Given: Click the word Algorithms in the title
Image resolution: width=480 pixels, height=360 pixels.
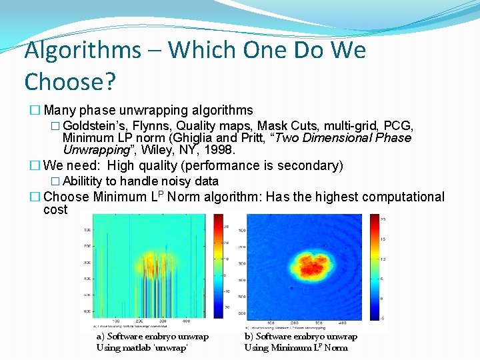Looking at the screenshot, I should point(83,51).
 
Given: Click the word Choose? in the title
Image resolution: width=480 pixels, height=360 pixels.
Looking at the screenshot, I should point(70,82).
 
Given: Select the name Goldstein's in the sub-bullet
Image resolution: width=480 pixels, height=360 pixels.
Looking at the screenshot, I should point(95,127).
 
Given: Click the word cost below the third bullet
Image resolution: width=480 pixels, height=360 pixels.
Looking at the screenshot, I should point(55,209).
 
